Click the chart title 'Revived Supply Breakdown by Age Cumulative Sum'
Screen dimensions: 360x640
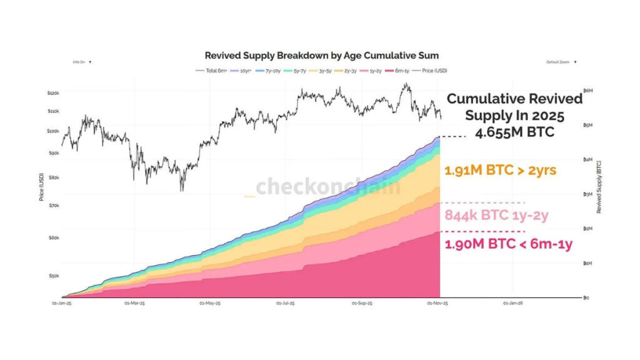pyautogui.click(x=321, y=56)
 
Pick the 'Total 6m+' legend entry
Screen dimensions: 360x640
pyautogui.click(x=212, y=71)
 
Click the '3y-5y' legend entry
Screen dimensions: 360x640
pyautogui.click(x=324, y=71)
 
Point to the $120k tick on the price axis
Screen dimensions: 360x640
pyautogui.click(x=52, y=92)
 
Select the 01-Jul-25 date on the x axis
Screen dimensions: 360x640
pyautogui.click(x=286, y=303)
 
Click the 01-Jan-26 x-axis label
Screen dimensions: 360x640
pyautogui.click(x=513, y=303)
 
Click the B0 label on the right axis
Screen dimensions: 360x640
pyautogui.click(x=586, y=297)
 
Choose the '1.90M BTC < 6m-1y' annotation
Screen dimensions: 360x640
pyautogui.click(x=507, y=244)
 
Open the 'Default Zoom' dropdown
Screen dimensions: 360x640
pyautogui.click(x=561, y=62)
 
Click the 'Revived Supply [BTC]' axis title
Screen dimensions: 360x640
pyautogui.click(x=598, y=187)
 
